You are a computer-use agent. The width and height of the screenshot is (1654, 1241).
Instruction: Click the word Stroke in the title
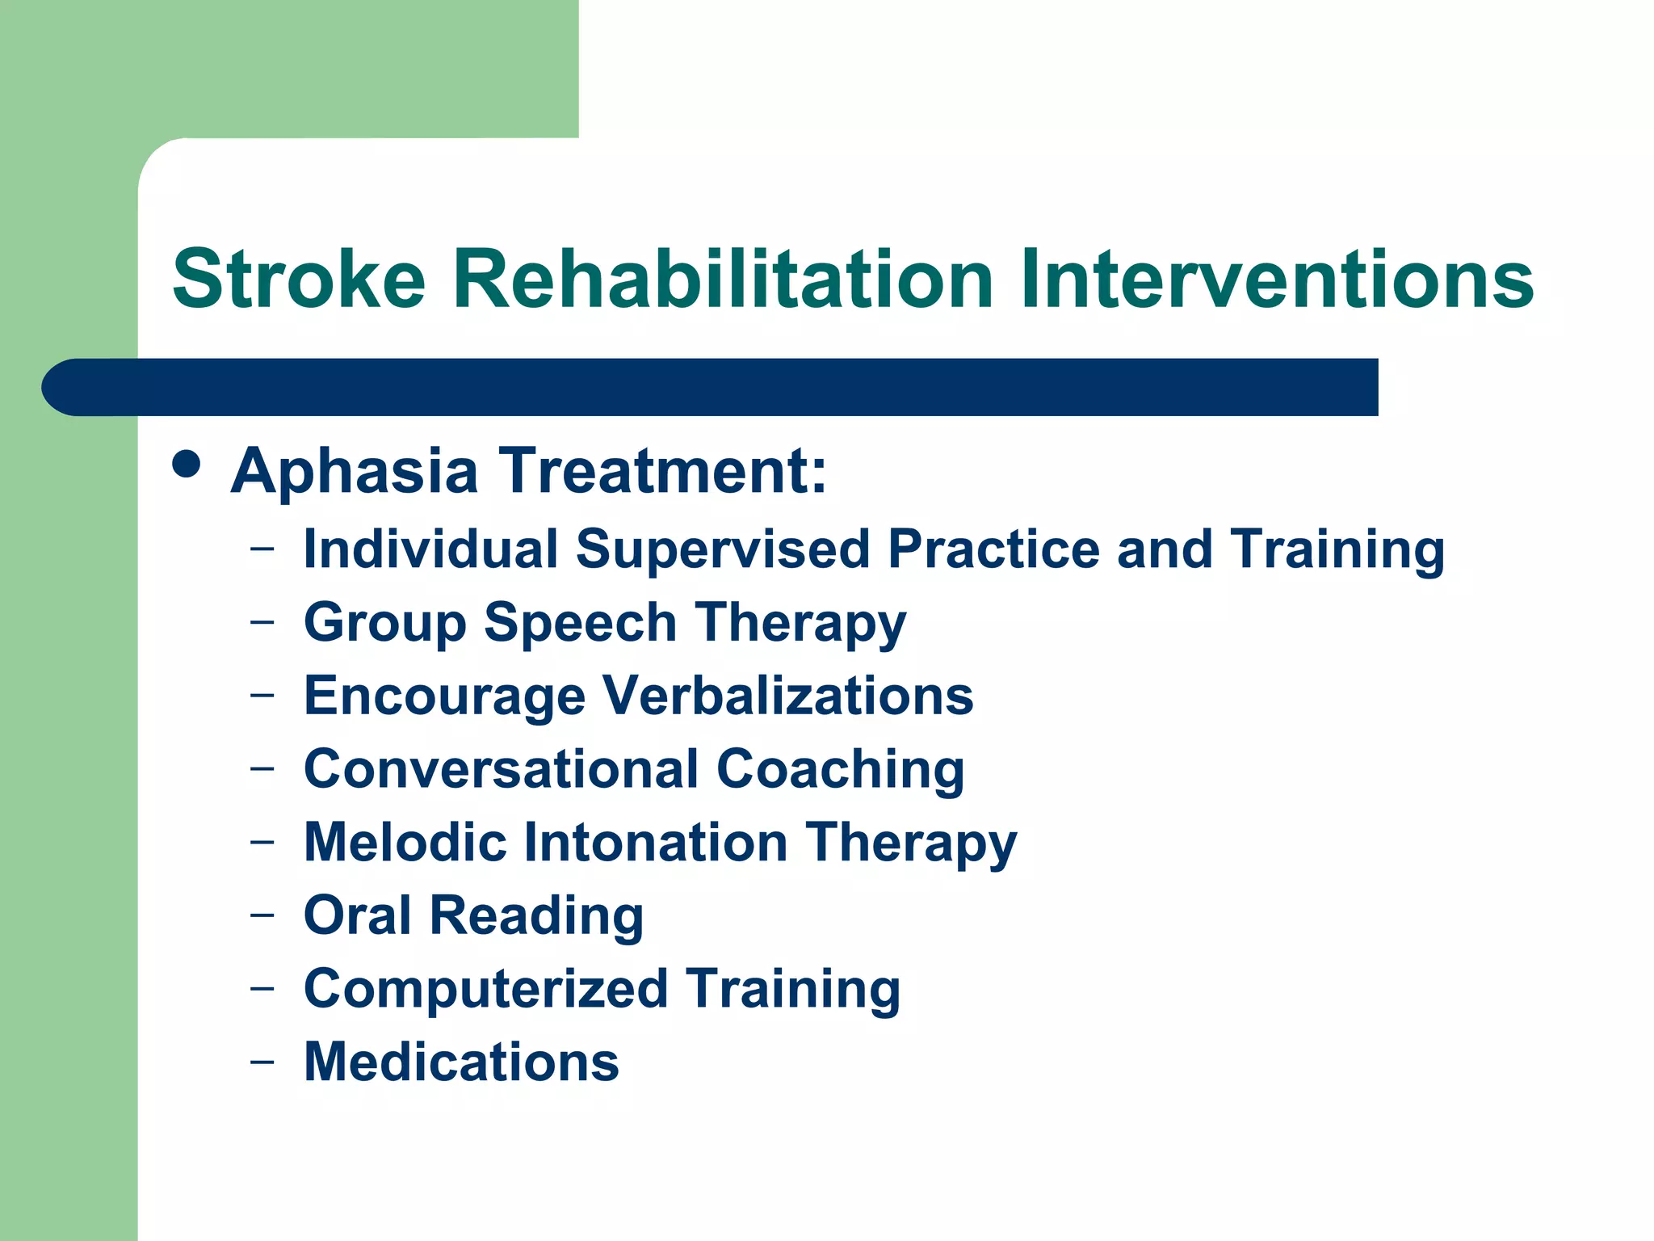coord(299,280)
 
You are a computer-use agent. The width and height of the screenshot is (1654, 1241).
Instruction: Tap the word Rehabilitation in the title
coord(723,280)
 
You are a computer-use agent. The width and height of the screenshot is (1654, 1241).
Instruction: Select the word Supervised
coord(724,550)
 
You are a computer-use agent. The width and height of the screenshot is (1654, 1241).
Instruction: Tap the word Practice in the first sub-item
coord(994,550)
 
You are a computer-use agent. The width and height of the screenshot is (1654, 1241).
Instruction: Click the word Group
coord(384,624)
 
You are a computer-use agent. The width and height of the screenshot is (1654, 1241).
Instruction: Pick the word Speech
coord(580,624)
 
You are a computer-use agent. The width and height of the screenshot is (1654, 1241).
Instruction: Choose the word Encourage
coord(444,696)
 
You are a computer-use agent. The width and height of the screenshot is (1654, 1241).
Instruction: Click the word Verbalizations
coord(788,696)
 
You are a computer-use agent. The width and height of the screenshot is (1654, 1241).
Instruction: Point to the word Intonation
coord(656,843)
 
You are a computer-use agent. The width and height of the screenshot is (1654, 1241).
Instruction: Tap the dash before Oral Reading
coord(262,915)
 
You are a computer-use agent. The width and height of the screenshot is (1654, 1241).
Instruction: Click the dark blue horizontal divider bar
coord(711,387)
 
